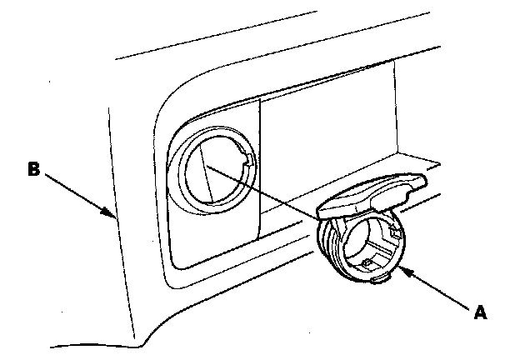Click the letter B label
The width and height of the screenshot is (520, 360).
click(33, 169)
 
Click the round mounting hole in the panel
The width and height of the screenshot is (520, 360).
click(210, 171)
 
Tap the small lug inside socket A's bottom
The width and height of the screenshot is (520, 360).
click(367, 262)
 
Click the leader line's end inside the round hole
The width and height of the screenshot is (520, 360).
click(207, 165)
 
